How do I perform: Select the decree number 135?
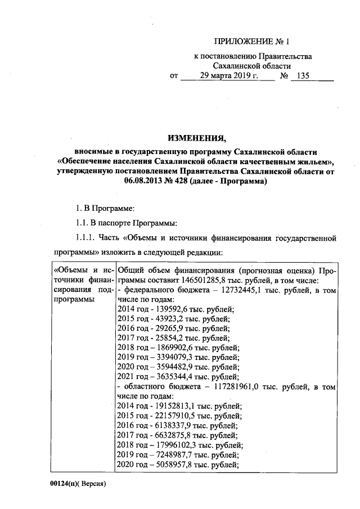pos(305,76)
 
